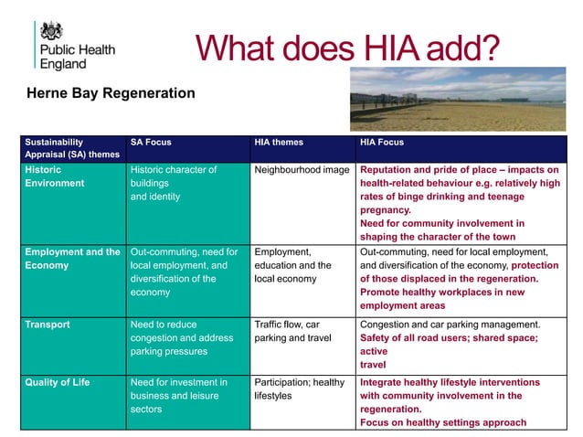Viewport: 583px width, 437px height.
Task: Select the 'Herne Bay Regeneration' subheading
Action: click(111, 93)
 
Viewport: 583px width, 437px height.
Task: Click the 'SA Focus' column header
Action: click(151, 143)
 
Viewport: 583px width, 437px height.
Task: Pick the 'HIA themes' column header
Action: click(279, 143)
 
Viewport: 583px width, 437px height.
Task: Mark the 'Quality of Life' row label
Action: click(58, 382)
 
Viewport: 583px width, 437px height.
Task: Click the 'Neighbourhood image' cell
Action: click(301, 170)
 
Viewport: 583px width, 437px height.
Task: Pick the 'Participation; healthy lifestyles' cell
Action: click(299, 389)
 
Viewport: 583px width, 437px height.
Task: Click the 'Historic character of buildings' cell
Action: click(174, 176)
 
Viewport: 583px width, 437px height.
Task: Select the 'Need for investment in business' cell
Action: click(177, 389)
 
